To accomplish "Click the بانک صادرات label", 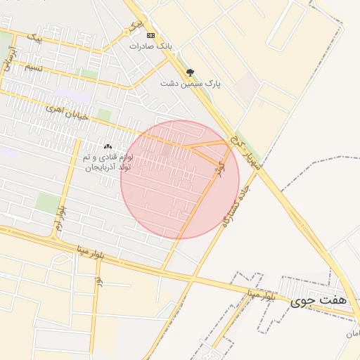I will click(x=150, y=46).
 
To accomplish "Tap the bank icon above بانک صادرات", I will click(x=150, y=35).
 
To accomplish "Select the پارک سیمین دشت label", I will click(x=191, y=83).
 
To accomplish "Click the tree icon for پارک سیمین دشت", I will click(x=190, y=72).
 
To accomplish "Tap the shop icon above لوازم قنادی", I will click(x=108, y=146).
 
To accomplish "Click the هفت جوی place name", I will click(x=319, y=301).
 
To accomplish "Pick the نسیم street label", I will click(x=33, y=68).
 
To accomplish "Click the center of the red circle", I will click(x=180, y=179).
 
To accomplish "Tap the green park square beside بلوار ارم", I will click(x=47, y=202).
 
